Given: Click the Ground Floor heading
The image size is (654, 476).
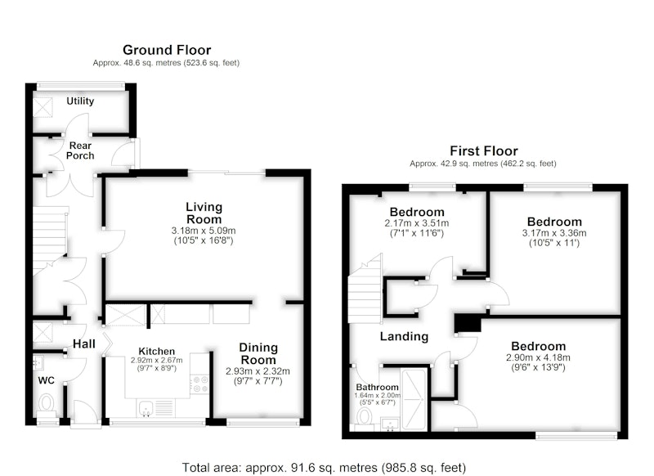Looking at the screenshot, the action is click(x=167, y=50).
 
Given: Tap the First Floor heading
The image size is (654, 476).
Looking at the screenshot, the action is click(x=484, y=150).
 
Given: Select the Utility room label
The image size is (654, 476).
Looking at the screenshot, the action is click(x=80, y=101).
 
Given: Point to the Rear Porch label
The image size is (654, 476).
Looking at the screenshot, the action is click(x=80, y=150).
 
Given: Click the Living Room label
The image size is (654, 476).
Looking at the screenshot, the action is click(x=204, y=213).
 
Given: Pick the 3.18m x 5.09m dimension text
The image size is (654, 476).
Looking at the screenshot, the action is click(x=204, y=231).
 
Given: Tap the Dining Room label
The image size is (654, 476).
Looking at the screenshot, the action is click(x=258, y=353).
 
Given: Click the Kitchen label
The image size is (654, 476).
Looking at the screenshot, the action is click(x=156, y=351).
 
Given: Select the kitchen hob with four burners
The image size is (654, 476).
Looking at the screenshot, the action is click(x=199, y=384).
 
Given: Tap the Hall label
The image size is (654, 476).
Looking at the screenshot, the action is click(x=84, y=344).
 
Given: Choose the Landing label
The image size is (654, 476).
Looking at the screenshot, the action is click(x=404, y=336).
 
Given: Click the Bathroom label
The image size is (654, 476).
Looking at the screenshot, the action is click(x=377, y=387).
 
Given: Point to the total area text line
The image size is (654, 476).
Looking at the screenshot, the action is click(x=324, y=468).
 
